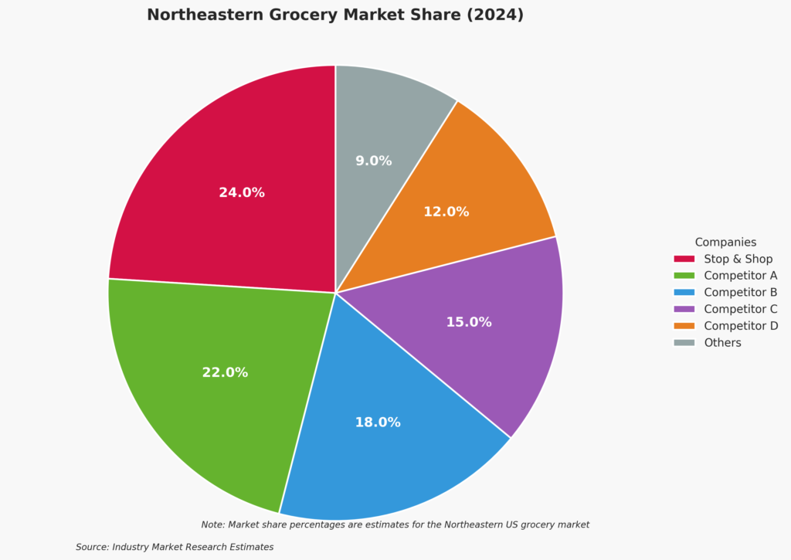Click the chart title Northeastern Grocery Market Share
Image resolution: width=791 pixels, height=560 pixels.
click(x=334, y=15)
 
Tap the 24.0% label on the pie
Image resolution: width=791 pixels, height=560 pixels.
click(x=242, y=192)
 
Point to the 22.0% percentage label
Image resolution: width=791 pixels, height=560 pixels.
click(x=225, y=372)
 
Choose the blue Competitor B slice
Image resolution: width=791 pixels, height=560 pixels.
click(x=386, y=463)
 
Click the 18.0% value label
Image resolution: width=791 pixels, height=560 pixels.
click(x=378, y=423)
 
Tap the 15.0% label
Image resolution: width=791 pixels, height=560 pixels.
click(x=469, y=322)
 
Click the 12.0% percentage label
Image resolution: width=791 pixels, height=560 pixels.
click(x=446, y=212)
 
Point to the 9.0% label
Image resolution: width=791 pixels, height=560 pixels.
click(x=373, y=161)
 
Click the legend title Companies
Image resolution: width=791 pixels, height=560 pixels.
click(x=725, y=243)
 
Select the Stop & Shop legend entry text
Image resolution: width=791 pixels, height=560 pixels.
click(x=738, y=259)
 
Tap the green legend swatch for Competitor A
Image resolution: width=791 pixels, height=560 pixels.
click(x=684, y=276)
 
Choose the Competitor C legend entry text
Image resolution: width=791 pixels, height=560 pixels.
click(x=740, y=309)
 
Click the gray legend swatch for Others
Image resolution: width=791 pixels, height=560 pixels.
click(x=684, y=342)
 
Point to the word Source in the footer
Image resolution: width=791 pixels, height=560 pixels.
click(x=92, y=547)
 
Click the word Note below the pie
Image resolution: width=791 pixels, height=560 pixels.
click(x=212, y=524)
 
